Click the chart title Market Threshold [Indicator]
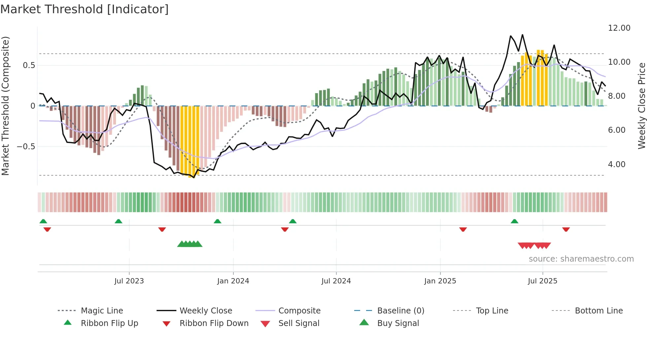pos(85,9)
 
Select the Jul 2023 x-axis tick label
pos(129,281)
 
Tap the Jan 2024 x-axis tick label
pos(233,281)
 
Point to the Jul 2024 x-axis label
pos(336,281)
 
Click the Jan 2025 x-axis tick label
pos(440,281)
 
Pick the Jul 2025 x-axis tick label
pos(542,281)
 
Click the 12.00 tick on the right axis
pos(619,28)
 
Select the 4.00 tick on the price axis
pos(616,164)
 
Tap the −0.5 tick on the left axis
pos(26,146)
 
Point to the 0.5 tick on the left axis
pos(29,65)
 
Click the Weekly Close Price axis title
pos(641,106)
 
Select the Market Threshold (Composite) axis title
pos(5,106)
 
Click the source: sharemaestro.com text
pos(581,259)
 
